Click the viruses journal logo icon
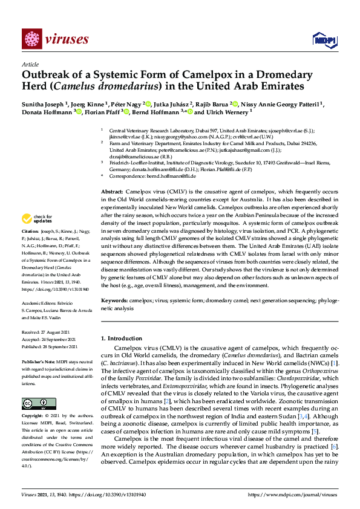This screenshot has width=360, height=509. coord(31,39)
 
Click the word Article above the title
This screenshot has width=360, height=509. coord(30,63)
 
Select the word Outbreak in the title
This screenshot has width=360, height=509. coord(47,75)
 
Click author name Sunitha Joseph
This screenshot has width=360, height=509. coord(43,103)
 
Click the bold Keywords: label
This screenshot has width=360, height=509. coord(114,300)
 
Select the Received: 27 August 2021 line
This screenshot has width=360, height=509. coord(46,332)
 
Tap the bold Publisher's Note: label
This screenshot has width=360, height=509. coord(38,360)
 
